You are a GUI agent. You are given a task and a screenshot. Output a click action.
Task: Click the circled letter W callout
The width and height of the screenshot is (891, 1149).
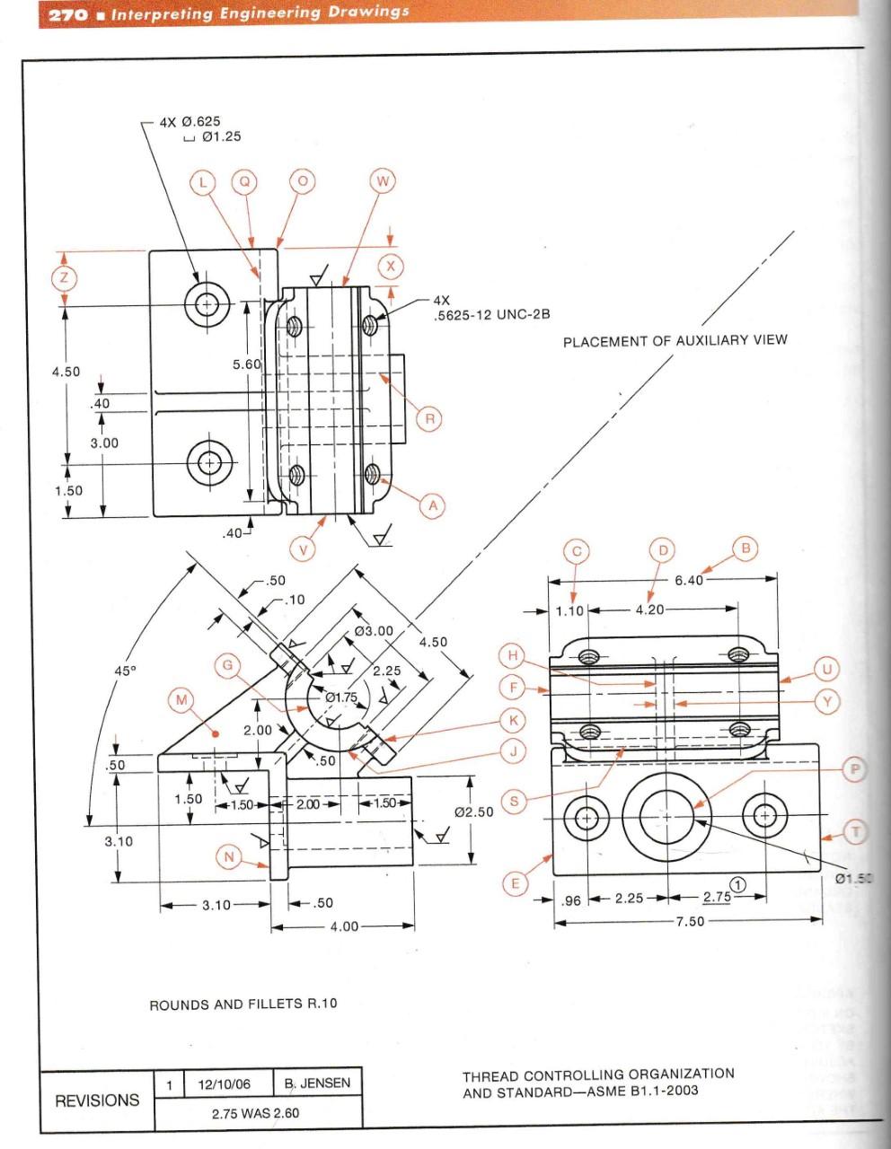coord(383,182)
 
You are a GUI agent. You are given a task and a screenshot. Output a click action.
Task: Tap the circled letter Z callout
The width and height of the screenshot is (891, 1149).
coord(63,277)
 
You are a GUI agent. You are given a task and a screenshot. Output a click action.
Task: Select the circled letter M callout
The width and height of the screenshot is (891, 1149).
coord(182,700)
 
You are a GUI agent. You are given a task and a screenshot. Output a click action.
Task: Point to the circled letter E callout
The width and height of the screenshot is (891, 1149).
coord(515,883)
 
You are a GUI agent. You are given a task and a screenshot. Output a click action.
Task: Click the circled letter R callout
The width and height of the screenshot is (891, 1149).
coord(429,418)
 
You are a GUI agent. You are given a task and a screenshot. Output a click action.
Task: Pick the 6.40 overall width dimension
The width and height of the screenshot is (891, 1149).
coord(689,580)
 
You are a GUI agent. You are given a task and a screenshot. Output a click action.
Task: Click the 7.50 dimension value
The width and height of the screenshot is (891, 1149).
coord(690,921)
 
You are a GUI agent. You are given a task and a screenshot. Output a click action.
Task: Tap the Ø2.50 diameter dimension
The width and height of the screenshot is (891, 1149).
coord(473,812)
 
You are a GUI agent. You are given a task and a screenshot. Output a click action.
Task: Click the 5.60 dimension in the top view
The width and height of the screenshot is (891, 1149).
coord(246,364)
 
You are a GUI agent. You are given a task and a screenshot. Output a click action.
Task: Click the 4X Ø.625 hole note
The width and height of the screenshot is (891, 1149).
coord(190,121)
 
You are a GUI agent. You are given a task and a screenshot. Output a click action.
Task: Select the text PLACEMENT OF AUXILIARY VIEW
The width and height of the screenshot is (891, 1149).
coord(675,340)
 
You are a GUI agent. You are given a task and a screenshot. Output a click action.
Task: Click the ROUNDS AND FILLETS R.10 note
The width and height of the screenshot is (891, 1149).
coord(243,1004)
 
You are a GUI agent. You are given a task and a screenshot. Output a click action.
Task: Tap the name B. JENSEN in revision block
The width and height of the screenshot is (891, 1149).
coord(318,1083)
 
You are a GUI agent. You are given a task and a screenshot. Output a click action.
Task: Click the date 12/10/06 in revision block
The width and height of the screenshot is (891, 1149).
coord(224,1083)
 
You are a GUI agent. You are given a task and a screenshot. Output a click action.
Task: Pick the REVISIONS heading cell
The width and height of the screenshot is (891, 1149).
coord(97,1100)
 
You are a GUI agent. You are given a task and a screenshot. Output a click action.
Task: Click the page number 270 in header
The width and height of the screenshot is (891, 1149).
coord(68,13)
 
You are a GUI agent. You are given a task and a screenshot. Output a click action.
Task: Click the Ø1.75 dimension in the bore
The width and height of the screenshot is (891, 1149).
coord(340,697)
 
